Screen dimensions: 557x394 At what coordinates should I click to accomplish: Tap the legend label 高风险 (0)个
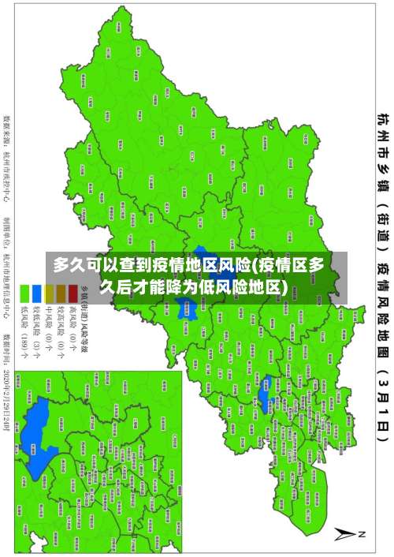click(x=72, y=332)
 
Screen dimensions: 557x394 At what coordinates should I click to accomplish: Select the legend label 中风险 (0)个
click(x=48, y=332)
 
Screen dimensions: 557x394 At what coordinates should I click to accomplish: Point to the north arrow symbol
click(x=347, y=533)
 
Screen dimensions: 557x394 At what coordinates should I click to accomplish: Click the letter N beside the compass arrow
click(x=362, y=534)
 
